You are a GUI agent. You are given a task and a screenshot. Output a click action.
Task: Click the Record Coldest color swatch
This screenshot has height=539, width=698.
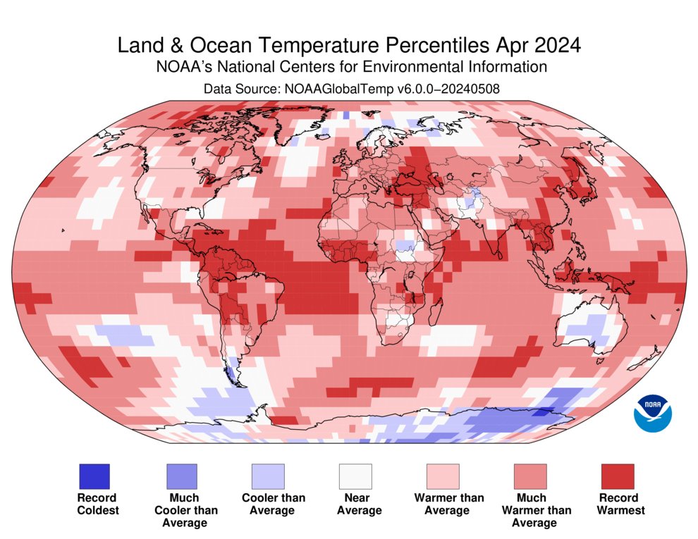click(94, 476)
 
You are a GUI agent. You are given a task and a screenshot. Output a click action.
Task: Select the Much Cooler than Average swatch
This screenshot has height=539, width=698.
click(181, 476)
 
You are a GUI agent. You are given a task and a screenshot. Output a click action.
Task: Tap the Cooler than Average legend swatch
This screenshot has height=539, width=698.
click(269, 476)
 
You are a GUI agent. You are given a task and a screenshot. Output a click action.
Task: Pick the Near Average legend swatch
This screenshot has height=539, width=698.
click(355, 476)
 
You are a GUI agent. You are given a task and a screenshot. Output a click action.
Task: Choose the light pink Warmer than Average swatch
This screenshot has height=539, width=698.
click(443, 476)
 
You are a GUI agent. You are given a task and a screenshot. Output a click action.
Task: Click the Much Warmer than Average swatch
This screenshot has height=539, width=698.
click(530, 476)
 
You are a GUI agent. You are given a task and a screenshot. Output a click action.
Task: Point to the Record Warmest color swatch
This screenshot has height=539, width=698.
click(617, 476)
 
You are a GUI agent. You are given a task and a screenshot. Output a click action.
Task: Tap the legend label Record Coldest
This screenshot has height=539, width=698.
click(97, 504)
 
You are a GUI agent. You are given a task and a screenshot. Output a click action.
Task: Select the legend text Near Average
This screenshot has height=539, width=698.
click(359, 504)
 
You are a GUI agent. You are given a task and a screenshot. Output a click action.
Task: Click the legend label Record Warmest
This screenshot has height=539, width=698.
click(620, 504)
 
